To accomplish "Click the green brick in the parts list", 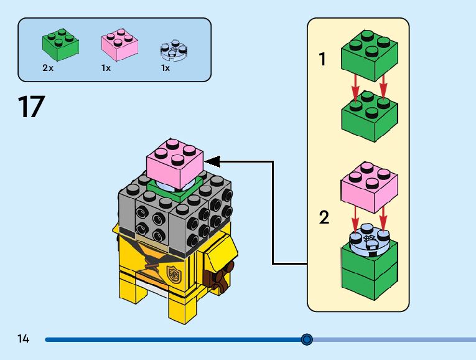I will tap(60, 43).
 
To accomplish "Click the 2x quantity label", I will tap(48, 68).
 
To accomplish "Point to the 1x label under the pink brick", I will tap(106, 68).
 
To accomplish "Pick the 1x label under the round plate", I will tap(165, 68).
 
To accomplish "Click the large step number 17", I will tap(31, 107).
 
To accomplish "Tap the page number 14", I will tap(24, 339).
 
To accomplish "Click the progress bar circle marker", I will tap(306, 339).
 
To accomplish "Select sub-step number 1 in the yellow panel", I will tap(322, 60).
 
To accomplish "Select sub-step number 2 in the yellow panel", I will tap(324, 218).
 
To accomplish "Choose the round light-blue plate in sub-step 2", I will tap(369, 240).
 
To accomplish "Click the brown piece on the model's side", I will tap(219, 277).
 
